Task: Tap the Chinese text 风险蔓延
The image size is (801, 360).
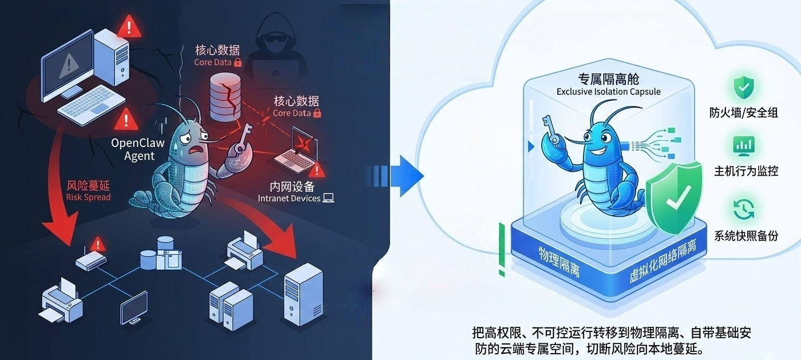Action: tap(88, 185)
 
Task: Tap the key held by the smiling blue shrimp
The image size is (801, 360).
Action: tap(549, 127)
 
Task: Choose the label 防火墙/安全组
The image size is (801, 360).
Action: tap(744, 113)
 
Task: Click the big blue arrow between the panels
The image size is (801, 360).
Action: tap(407, 175)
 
